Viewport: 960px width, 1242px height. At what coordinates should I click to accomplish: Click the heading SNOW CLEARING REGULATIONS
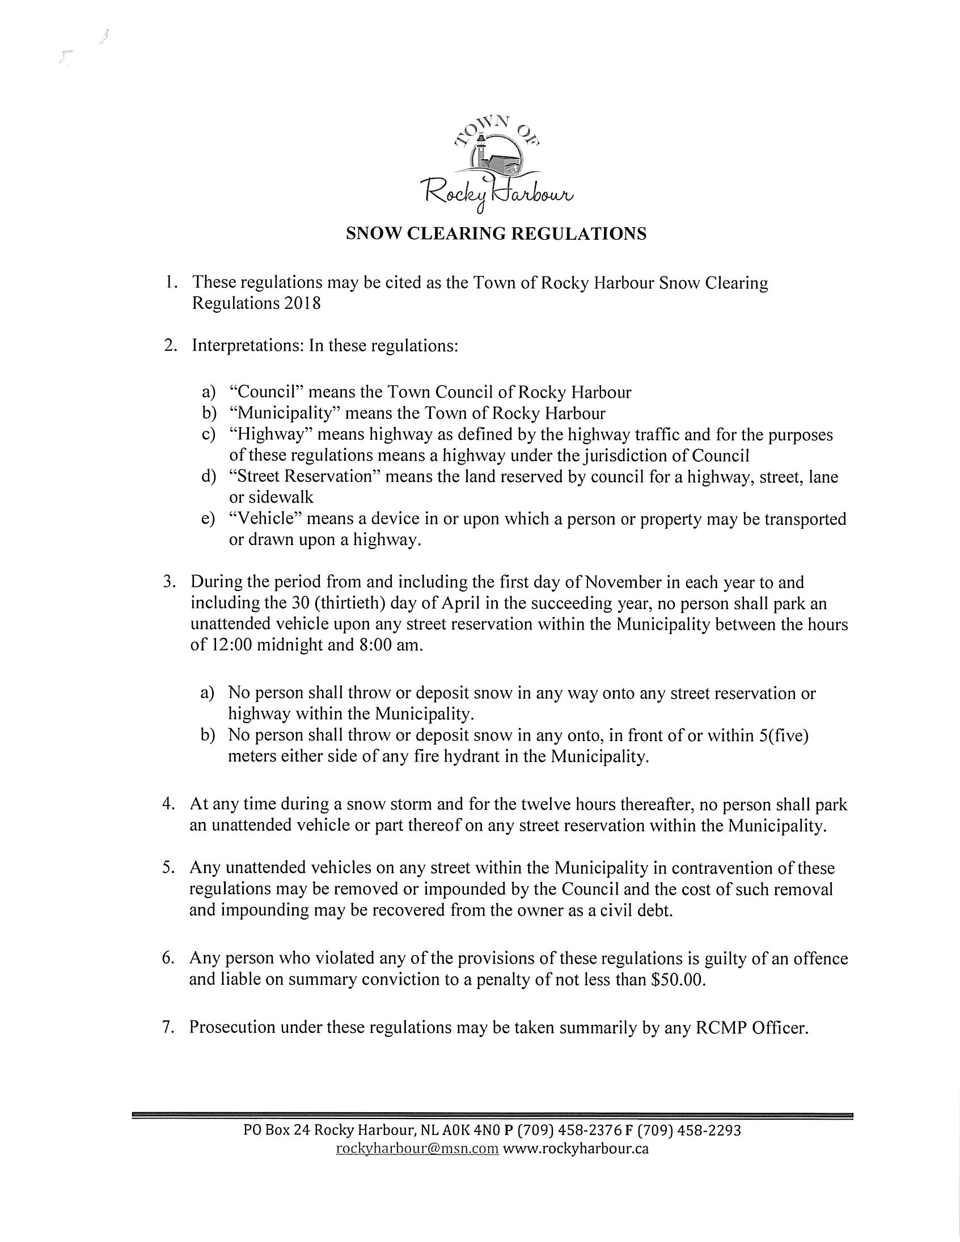(x=496, y=234)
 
